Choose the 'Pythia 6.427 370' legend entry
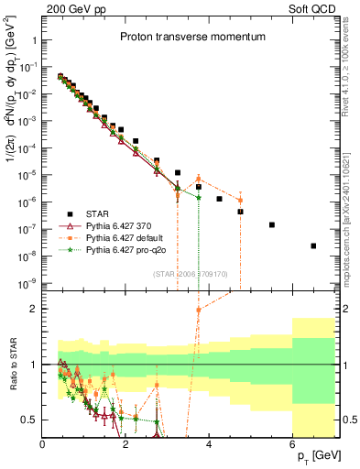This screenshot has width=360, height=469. [128, 225]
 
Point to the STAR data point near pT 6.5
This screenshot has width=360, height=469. [313, 245]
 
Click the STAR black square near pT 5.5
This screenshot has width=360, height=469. [271, 224]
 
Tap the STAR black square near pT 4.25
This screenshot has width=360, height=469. [220, 199]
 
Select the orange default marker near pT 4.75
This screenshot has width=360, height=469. [240, 201]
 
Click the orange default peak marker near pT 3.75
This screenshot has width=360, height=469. [199, 179]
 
